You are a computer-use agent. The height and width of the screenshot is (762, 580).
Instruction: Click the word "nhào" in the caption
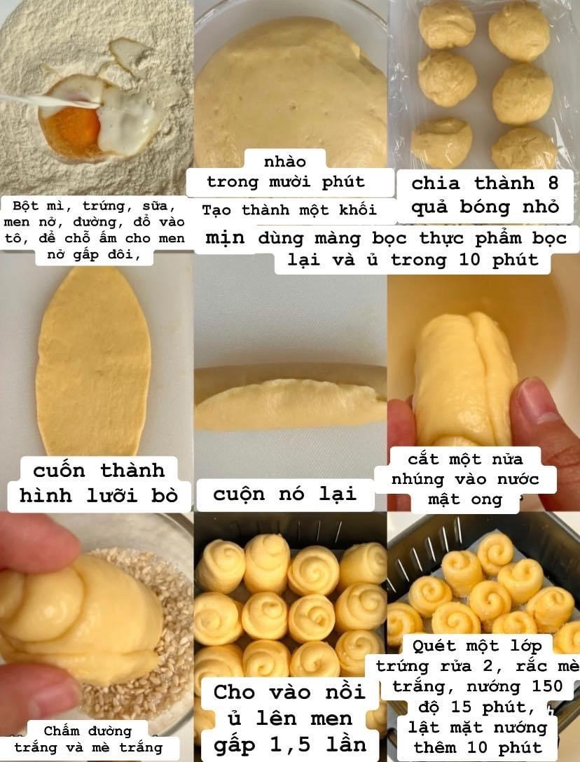[285, 162]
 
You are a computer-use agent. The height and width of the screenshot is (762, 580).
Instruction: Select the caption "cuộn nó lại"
[284, 494]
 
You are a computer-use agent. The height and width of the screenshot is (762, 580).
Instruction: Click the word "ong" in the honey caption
[488, 500]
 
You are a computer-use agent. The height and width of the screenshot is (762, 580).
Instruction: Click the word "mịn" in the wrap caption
[225, 238]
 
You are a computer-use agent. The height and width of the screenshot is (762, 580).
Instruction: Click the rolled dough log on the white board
[289, 405]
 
